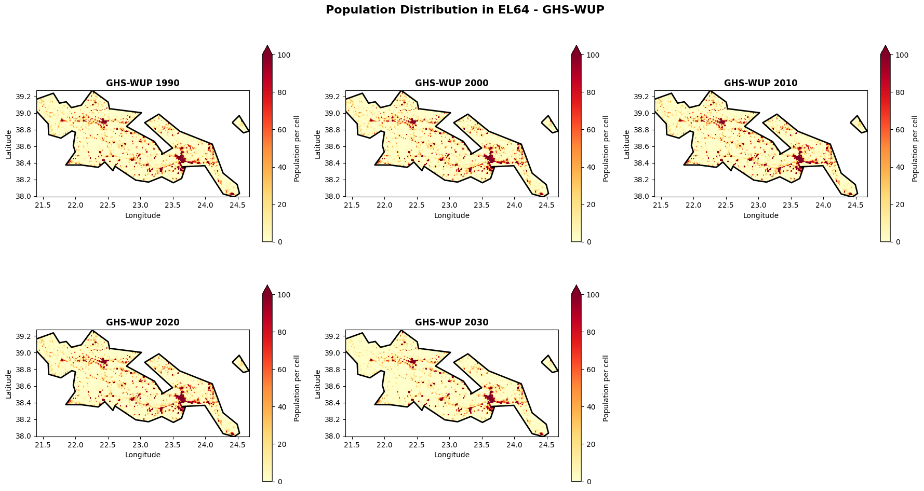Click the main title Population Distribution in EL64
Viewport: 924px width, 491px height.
pos(465,10)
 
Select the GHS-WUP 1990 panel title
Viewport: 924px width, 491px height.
pos(143,83)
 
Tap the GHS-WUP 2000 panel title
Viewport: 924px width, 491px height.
pos(451,83)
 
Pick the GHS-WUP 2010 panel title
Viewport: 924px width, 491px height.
pos(760,83)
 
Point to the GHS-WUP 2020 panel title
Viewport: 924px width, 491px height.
pos(143,322)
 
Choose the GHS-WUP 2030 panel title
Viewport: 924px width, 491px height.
pos(451,322)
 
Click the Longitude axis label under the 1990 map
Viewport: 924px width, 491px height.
pos(143,215)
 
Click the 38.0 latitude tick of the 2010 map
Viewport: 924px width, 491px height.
pos(641,196)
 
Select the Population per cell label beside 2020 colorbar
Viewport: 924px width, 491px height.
pos(297,388)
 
